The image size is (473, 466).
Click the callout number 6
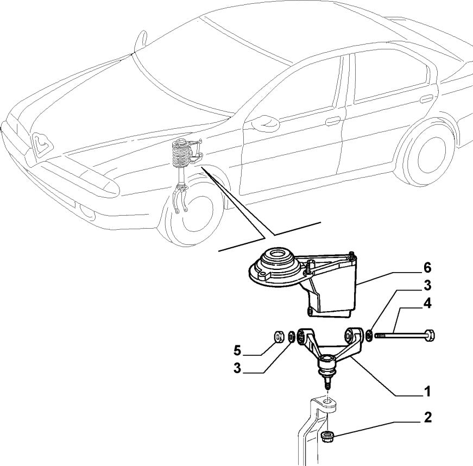[x=427, y=267]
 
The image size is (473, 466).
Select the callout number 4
[x=427, y=304]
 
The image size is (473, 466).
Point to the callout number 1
[x=427, y=391]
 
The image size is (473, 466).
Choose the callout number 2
[x=427, y=418]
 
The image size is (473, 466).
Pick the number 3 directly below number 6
[x=427, y=285]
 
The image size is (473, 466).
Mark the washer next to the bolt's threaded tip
[x=369, y=335]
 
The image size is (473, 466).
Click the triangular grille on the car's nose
[x=41, y=143]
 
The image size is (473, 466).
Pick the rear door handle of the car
[x=426, y=99]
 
